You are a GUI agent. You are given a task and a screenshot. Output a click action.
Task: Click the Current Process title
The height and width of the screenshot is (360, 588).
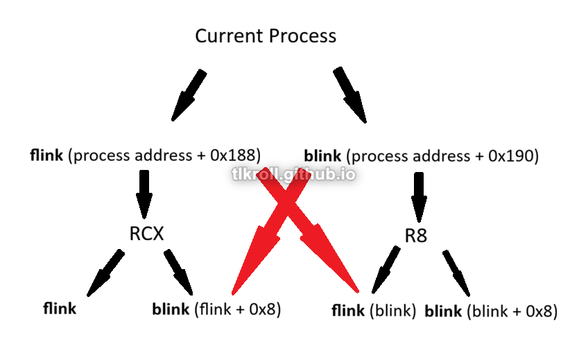coord(266,36)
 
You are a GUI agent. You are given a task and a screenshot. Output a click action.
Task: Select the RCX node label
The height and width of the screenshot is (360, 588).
coord(147,234)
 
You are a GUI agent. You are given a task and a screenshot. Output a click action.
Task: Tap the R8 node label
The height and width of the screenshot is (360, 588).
coord(416,235)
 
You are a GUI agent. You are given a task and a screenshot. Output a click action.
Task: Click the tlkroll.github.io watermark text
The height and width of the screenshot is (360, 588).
coord(293,173)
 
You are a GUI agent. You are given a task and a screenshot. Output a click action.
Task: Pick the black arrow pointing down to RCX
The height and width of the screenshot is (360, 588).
coord(144,194)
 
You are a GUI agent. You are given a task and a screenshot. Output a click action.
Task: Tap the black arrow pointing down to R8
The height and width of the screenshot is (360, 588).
coord(420,196)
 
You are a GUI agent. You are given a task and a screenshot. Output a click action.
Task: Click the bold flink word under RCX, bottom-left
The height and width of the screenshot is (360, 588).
coord(60,309)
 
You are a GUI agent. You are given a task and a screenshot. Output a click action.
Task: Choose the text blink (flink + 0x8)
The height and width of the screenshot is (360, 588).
coord(216,309)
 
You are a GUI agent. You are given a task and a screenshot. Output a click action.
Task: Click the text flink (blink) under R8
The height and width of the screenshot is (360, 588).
coord(374,311)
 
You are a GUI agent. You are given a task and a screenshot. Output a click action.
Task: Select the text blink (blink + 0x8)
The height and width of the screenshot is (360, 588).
coord(491,311)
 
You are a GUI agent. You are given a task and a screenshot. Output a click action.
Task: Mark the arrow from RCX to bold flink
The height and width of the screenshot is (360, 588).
coord(106,272)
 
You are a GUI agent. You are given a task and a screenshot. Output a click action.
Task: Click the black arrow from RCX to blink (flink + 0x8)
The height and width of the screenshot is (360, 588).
coord(179,271)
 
